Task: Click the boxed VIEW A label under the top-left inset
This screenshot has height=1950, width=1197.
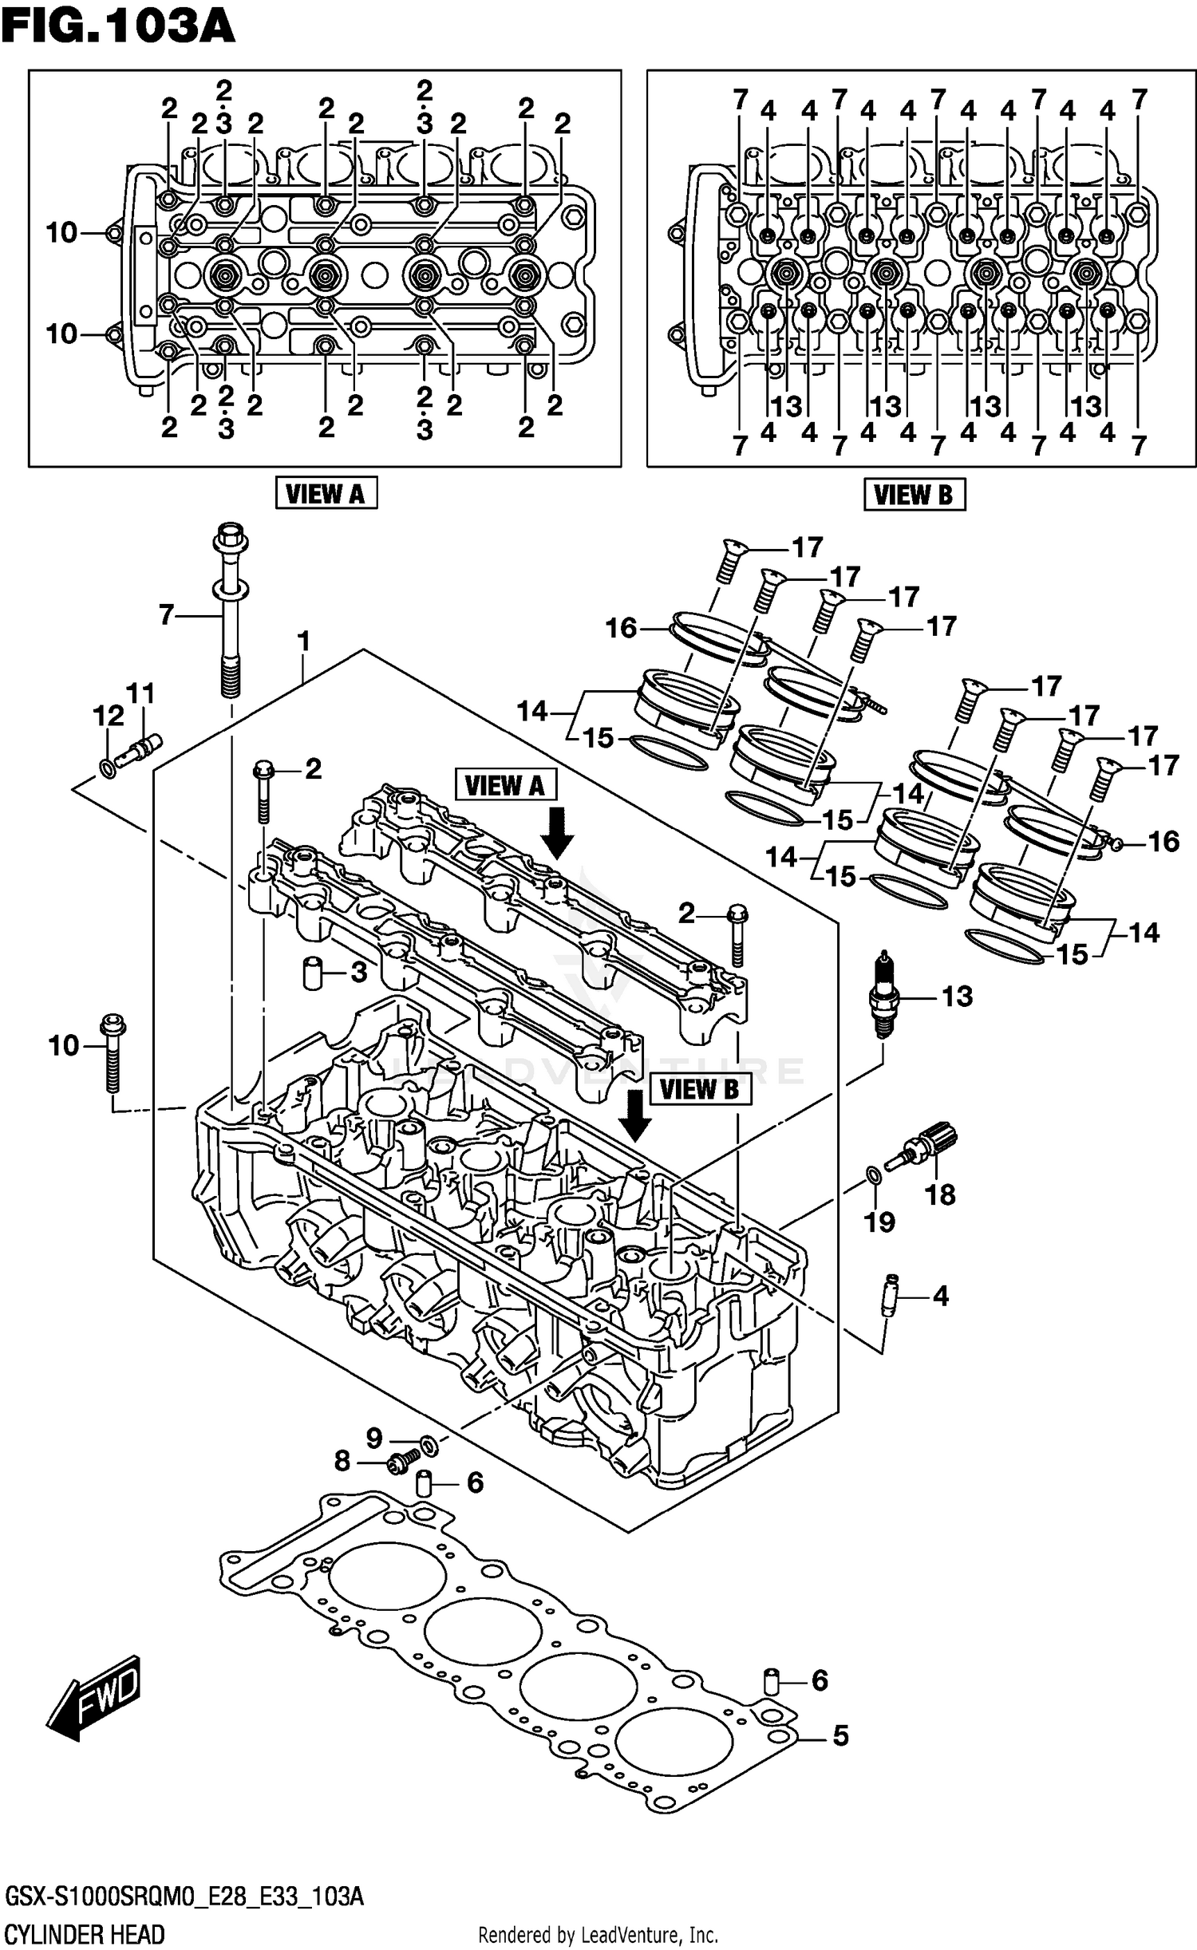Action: [x=325, y=494]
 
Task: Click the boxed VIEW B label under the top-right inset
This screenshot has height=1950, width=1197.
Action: [x=914, y=495]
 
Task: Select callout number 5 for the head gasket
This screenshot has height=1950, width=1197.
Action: [x=840, y=1736]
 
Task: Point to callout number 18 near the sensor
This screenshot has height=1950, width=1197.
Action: [x=940, y=1194]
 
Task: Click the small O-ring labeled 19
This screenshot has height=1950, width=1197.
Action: [x=874, y=1174]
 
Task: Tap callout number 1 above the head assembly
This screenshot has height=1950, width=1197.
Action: [x=303, y=641]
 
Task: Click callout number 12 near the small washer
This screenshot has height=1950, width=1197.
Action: [x=109, y=716]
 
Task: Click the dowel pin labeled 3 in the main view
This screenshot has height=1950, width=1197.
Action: [x=313, y=972]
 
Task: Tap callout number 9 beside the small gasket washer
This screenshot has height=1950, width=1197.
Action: [x=374, y=1438]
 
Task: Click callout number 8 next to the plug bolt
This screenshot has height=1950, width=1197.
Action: [x=342, y=1461]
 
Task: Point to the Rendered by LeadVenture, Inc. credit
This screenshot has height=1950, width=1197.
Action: [x=598, y=1935]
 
